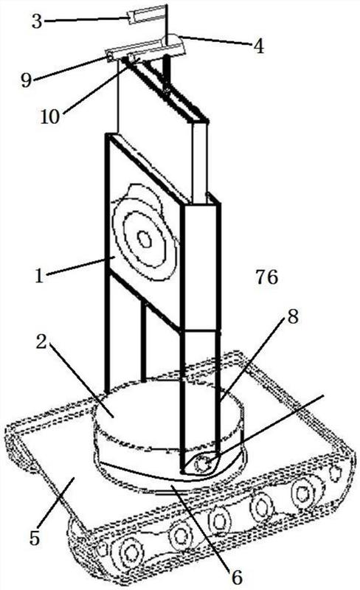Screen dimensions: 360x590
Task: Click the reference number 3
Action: point(37,21)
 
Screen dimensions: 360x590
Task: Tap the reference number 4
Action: point(258,46)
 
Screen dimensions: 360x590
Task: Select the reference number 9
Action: point(26,80)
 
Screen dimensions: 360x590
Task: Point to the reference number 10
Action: point(50,117)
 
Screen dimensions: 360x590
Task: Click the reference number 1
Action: point(39,276)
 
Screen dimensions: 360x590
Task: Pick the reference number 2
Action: point(41,342)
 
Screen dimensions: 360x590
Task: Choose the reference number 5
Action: point(35,538)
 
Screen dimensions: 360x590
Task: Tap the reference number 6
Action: point(237,577)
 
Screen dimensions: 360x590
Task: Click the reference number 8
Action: point(293,317)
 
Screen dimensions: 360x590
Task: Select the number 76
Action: point(266,277)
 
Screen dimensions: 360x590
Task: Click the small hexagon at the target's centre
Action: point(145,239)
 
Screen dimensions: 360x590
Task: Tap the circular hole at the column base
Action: point(203,465)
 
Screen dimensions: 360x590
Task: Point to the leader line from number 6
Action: point(202,527)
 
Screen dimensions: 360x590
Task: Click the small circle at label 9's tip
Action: point(109,58)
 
